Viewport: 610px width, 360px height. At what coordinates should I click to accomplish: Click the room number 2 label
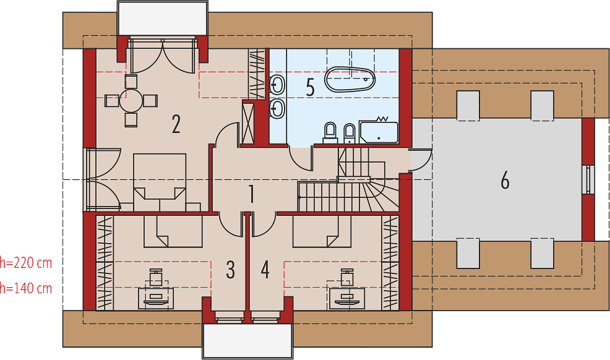[x=176, y=124]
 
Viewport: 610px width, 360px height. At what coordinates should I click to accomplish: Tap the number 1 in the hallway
[x=252, y=194]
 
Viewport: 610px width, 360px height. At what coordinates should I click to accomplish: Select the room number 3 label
[x=230, y=270]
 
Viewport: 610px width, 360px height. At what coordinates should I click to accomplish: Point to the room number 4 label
[x=265, y=270]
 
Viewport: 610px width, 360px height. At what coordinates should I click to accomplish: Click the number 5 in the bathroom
[x=310, y=87]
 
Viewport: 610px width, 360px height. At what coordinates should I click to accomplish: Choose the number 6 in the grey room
[x=505, y=181]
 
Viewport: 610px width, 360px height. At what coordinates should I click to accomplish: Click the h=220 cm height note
[x=26, y=263]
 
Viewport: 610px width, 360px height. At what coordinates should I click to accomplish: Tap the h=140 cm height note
[x=26, y=288]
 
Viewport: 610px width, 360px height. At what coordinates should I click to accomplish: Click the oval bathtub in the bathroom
[x=351, y=79]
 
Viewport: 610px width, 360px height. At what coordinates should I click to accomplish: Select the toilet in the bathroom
[x=330, y=133]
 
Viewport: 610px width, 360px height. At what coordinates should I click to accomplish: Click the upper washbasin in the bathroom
[x=277, y=84]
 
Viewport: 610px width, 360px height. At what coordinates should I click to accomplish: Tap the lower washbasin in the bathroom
[x=277, y=108]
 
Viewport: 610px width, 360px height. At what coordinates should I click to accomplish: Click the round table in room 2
[x=132, y=101]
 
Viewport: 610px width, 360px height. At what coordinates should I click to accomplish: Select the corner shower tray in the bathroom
[x=379, y=132]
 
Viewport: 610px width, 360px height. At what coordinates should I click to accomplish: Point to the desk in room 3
[x=156, y=299]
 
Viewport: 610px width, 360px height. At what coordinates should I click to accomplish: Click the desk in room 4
[x=346, y=299]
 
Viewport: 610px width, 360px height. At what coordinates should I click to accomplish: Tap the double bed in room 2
[x=160, y=182]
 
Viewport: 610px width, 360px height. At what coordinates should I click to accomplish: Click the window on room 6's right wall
[x=590, y=179]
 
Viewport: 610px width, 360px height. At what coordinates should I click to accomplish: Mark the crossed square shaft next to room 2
[x=248, y=122]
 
